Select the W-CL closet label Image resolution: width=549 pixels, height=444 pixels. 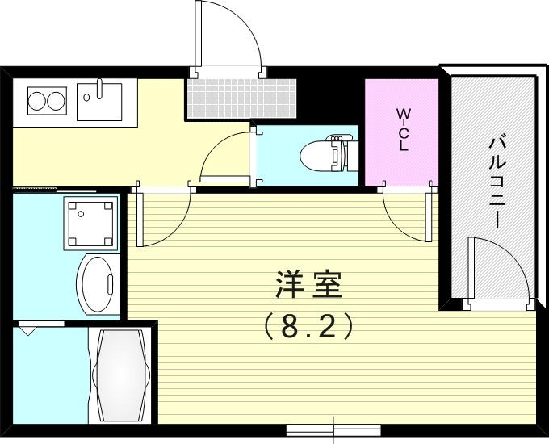coord(401,128)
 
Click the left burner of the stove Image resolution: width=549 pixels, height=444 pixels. coord(36,102)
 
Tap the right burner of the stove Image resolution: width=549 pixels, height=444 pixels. coord(55,102)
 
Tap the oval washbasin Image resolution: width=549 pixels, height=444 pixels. coord(98,284)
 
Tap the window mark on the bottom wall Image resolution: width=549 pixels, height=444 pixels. coord(333,429)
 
